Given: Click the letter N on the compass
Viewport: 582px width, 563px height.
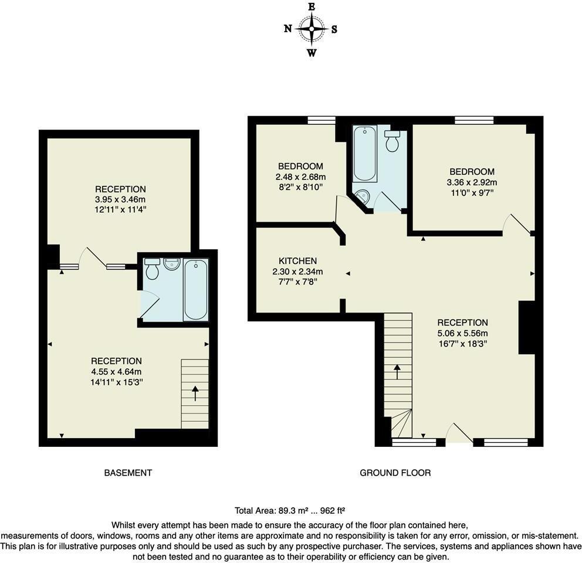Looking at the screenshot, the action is coord(287,29).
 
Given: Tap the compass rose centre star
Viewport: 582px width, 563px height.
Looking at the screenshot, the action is coord(312,29).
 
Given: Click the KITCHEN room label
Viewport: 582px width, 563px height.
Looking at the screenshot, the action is coord(297,261).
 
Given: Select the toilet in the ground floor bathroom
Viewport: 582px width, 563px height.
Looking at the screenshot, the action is coord(392,141).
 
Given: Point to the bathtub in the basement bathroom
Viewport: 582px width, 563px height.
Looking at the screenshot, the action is coord(195,290).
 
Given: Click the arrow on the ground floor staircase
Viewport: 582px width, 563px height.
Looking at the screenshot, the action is coord(398,371).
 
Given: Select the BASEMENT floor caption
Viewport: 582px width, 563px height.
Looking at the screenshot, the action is coord(128,473).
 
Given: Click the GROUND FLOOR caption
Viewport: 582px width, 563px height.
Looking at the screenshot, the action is coord(395,473).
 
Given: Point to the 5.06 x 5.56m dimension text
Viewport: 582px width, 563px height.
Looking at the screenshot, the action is coord(462,333).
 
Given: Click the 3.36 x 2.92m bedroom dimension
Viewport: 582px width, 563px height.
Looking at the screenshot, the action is coord(472,182).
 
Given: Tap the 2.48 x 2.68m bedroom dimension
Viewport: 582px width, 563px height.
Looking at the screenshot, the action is coord(300,177).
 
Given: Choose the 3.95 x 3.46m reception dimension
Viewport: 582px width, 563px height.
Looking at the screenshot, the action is coord(120,199).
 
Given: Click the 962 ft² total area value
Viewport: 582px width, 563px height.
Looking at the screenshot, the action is coord(333,511).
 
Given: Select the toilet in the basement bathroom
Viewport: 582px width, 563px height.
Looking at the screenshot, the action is coord(152,269).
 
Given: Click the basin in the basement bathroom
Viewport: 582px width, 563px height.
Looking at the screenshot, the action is coord(172,264).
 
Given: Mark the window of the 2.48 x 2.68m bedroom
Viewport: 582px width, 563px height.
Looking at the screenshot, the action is coord(322,120).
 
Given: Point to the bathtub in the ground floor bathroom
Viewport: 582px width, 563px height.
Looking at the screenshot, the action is coord(365,153).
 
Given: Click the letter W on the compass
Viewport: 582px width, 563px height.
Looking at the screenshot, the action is coord(312,53).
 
